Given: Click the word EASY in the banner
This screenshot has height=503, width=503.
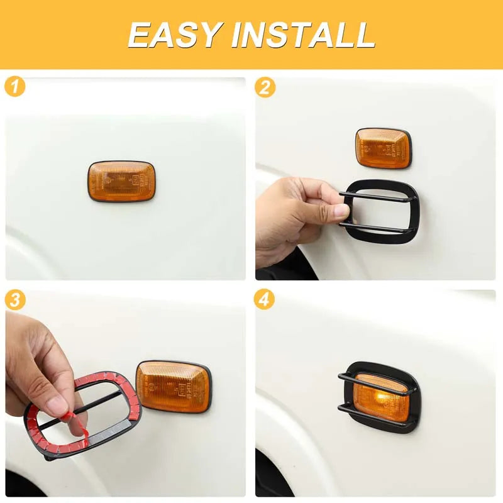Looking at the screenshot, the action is [175, 35].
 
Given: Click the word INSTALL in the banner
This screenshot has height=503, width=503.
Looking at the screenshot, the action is [303, 35].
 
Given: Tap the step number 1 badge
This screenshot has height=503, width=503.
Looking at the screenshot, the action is [14, 87].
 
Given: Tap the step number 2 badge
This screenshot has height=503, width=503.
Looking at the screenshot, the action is [265, 87].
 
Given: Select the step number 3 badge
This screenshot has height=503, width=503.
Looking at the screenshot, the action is [15, 300].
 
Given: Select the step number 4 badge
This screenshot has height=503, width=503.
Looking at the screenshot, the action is [264, 300].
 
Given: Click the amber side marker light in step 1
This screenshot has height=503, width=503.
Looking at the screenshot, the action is [121, 181].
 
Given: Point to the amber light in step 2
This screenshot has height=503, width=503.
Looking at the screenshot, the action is [383, 148].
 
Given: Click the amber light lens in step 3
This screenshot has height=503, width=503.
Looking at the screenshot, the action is [174, 387].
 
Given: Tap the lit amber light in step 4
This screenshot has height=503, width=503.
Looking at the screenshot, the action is [382, 398].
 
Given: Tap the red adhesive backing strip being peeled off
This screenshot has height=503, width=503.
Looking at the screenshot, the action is [76, 424].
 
